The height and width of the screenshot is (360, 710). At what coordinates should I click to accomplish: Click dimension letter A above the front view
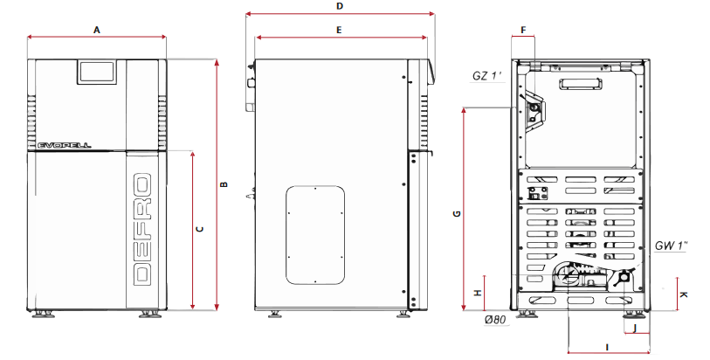(96, 30)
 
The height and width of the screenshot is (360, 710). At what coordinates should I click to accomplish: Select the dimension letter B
(224, 184)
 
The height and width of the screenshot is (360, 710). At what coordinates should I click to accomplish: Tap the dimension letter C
(200, 229)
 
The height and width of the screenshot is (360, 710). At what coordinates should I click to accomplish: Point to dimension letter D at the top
(340, 6)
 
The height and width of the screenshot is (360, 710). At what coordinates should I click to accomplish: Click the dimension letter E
(339, 31)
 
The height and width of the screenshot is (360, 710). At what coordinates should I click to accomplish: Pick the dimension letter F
(523, 31)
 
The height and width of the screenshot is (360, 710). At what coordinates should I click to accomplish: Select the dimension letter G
(457, 213)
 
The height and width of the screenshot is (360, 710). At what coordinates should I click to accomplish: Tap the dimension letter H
(477, 294)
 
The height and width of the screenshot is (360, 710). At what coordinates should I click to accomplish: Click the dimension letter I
(607, 347)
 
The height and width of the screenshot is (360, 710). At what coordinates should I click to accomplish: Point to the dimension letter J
(635, 328)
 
